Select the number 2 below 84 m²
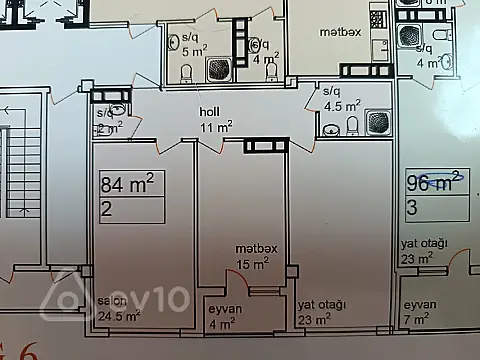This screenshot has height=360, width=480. tap(106, 210)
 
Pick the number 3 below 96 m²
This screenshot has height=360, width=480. tap(412, 208)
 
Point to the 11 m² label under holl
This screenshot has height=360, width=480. tap(216, 128)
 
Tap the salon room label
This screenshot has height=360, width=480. tap(110, 301)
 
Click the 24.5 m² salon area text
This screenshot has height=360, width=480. tap(118, 317)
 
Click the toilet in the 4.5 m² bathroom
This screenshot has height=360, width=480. tap(351, 125)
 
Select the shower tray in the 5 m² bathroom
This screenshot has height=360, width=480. tap(218, 68)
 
